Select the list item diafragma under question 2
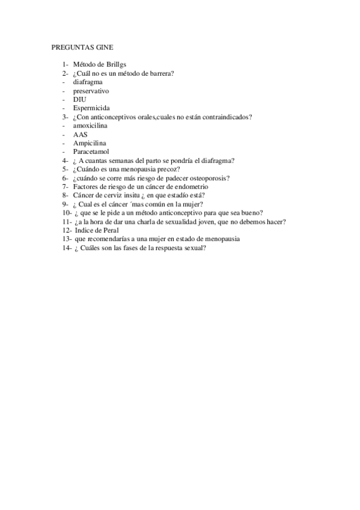[x=87, y=82]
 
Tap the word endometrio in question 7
[x=191, y=187]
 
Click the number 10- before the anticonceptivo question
[x=67, y=213]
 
